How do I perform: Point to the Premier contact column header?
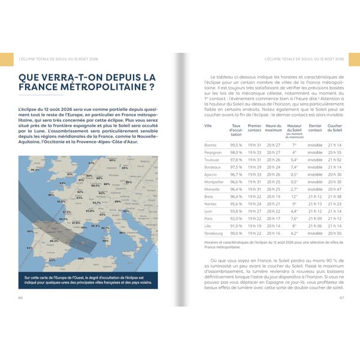(254, 128)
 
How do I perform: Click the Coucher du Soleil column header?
(335, 128)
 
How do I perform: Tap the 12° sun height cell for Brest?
(294, 196)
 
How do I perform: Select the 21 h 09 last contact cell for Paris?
(315, 218)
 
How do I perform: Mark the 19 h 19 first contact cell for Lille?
(254, 226)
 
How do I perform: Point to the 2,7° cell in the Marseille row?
(294, 189)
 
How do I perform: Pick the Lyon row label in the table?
(209, 211)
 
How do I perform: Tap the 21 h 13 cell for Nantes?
(315, 204)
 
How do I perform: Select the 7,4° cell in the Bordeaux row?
(294, 167)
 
